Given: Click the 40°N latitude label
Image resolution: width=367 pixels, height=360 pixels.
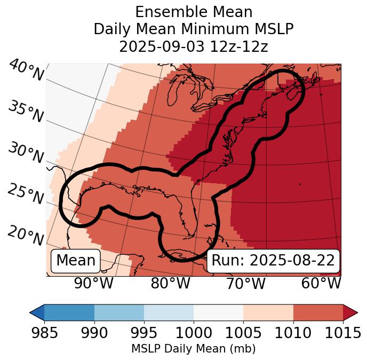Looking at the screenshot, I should [x=26, y=71].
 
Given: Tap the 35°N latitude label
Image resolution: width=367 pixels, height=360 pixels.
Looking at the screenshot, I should [x=26, y=112].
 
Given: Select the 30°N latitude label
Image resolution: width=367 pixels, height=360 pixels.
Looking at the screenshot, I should [x=26, y=153].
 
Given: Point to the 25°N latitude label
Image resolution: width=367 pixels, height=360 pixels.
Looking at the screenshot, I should [x=26, y=194].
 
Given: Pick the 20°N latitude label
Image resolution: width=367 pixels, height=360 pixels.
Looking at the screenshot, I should [x=26, y=236].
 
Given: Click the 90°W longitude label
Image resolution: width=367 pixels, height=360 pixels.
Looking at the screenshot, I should [x=93, y=283].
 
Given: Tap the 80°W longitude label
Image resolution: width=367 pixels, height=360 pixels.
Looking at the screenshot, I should [x=171, y=283].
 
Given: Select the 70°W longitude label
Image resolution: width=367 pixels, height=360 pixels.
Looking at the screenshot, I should [x=246, y=283].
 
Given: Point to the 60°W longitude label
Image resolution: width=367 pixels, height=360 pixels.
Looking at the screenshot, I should [x=321, y=283].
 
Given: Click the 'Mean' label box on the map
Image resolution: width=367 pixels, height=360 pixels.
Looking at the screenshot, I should [x=76, y=261].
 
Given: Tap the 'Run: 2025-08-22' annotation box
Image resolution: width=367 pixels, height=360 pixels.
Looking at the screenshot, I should [x=273, y=261].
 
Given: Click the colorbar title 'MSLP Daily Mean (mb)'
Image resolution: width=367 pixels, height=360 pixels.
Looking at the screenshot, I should [x=193, y=349].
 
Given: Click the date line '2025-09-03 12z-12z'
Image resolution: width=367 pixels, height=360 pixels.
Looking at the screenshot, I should [x=193, y=46].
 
